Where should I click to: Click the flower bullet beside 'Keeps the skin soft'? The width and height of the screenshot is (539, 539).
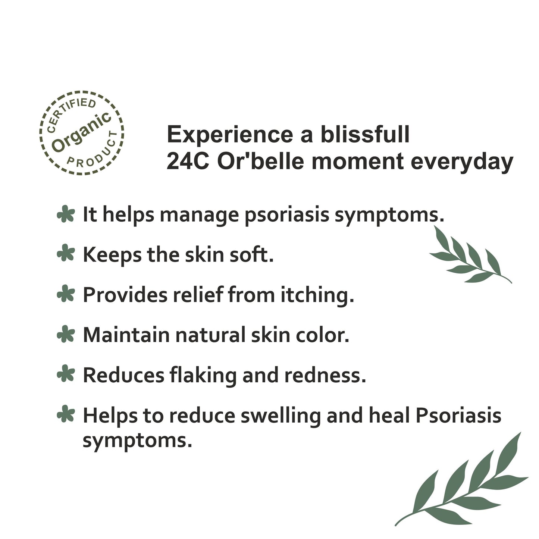click(x=66, y=254)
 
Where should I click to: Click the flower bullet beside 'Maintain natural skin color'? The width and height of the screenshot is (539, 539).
click(x=66, y=334)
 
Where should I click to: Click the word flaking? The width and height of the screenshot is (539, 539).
click(x=203, y=375)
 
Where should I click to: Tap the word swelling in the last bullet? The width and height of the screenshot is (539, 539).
click(x=280, y=416)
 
